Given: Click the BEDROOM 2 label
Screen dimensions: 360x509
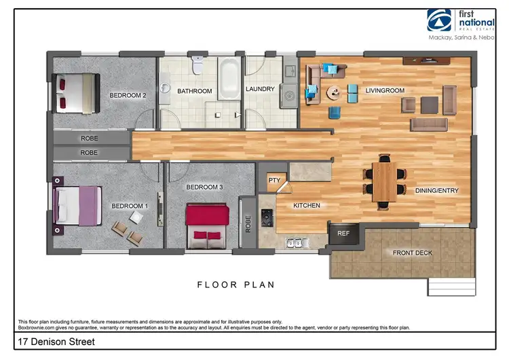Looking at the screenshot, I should pyautogui.click(x=128, y=96).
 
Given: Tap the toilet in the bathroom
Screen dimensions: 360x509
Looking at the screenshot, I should pyautogui.click(x=197, y=67).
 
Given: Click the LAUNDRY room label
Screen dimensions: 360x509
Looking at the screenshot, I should pyautogui.click(x=261, y=89).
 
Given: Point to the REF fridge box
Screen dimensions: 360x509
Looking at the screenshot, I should pyautogui.click(x=343, y=234).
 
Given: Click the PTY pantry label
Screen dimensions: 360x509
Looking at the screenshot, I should pyautogui.click(x=274, y=180).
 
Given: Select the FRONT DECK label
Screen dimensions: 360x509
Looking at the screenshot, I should pyautogui.click(x=412, y=253).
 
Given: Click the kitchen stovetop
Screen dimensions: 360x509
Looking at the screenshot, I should pyautogui.click(x=268, y=217).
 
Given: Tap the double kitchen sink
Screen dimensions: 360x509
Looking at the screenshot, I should pyautogui.click(x=297, y=241).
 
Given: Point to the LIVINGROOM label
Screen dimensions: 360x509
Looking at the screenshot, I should pyautogui.click(x=385, y=90).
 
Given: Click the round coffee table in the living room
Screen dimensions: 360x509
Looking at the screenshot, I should pyautogui.click(x=335, y=92).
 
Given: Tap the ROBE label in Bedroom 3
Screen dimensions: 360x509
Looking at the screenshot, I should pyautogui.click(x=248, y=223).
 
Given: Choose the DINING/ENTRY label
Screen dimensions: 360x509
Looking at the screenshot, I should pyautogui.click(x=436, y=191).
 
